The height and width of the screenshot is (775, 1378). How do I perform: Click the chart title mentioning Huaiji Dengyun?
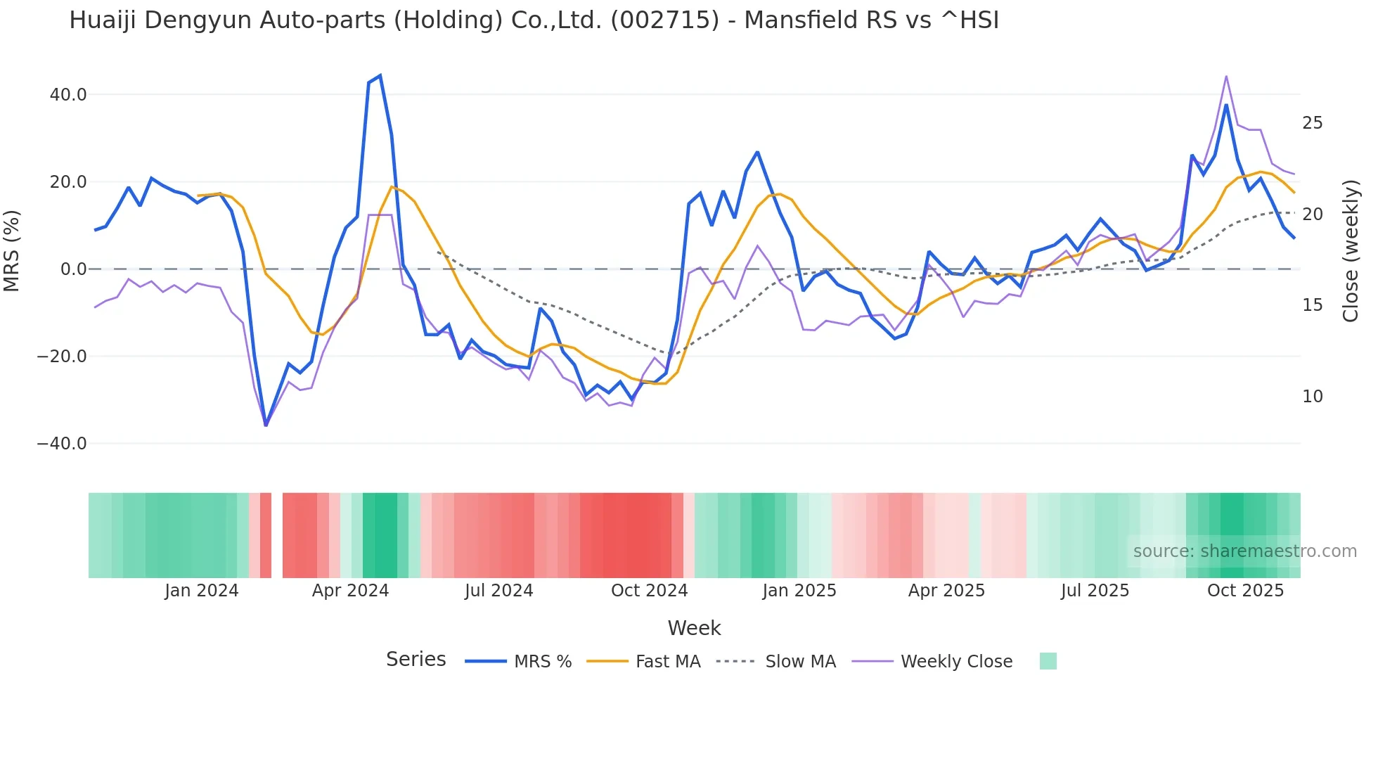click(534, 20)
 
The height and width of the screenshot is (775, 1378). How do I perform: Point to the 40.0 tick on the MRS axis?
click(68, 94)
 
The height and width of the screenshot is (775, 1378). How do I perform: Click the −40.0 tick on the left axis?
click(62, 444)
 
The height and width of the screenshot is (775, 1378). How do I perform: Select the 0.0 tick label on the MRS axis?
click(73, 269)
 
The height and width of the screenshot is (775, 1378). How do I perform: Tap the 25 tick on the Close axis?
click(1312, 123)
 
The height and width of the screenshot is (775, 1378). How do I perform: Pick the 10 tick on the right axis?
click(1312, 397)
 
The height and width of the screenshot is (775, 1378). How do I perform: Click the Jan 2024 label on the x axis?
click(202, 591)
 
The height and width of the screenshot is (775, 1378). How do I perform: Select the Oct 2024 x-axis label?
click(649, 591)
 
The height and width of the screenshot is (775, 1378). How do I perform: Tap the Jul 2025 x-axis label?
click(1095, 591)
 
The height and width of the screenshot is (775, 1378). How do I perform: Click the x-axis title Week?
click(694, 628)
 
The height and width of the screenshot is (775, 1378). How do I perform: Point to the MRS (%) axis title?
click(12, 250)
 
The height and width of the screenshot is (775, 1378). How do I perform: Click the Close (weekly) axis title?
click(1350, 250)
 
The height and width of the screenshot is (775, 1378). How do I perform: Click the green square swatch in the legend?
click(1048, 661)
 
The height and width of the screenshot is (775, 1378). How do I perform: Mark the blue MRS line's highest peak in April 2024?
click(380, 75)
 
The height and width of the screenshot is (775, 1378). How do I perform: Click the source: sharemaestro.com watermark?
click(1244, 551)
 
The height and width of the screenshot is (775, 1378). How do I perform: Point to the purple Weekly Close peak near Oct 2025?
click(1226, 76)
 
